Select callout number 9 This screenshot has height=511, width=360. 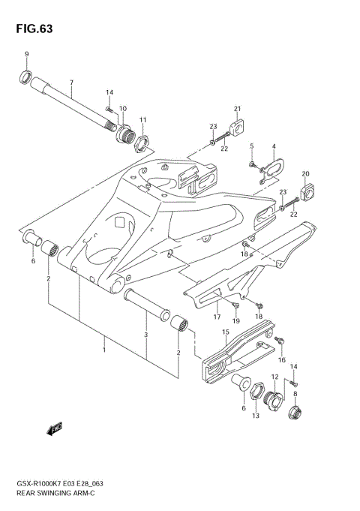click(x=27, y=55)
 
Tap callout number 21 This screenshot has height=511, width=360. click(x=237, y=108)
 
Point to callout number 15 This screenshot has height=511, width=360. click(x=225, y=331)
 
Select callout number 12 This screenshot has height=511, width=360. click(x=274, y=377)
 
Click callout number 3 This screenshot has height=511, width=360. click(x=146, y=335)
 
